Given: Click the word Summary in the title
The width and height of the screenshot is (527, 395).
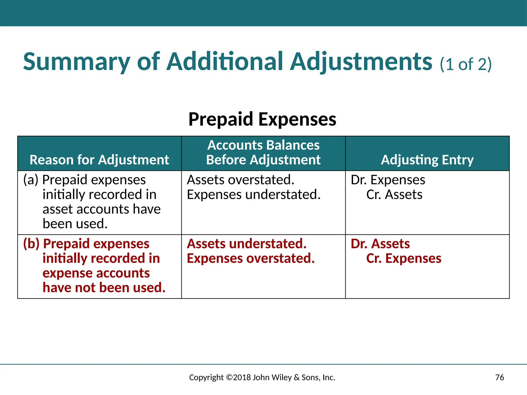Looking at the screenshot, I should pos(76,62).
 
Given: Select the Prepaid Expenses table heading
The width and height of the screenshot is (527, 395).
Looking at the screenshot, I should pos(262,119).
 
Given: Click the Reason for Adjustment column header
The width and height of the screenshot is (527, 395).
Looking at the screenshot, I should pos(99,160).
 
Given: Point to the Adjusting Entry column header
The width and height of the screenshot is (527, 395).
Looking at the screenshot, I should pos(427,160).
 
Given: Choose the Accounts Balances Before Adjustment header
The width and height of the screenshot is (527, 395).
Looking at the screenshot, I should pos(263,152).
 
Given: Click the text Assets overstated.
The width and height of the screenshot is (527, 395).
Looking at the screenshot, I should pos(241,180).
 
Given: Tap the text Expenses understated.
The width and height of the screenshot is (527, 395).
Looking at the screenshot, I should pos(254,194).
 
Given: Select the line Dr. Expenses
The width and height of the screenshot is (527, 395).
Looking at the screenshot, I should pos(388,180).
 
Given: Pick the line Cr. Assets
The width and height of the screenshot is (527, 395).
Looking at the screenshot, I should pos(394,194).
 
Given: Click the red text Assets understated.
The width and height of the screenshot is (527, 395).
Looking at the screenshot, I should pos(247,244).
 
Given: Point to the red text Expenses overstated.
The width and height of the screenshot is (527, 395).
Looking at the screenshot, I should pos(251,258).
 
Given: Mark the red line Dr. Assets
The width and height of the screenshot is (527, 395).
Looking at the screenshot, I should pos(380,244).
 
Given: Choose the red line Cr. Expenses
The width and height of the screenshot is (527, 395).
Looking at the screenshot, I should pos(403,258).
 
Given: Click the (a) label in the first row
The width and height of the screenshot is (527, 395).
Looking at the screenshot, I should pos(31,180).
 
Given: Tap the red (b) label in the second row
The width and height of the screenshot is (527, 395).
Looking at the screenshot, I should pos(31,244).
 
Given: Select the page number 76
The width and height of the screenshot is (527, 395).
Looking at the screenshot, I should pos(499,378).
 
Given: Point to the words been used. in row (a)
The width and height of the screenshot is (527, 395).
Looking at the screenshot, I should pos(75,224).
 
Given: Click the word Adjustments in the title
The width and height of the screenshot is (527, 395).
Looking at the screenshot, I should pos(361,62).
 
